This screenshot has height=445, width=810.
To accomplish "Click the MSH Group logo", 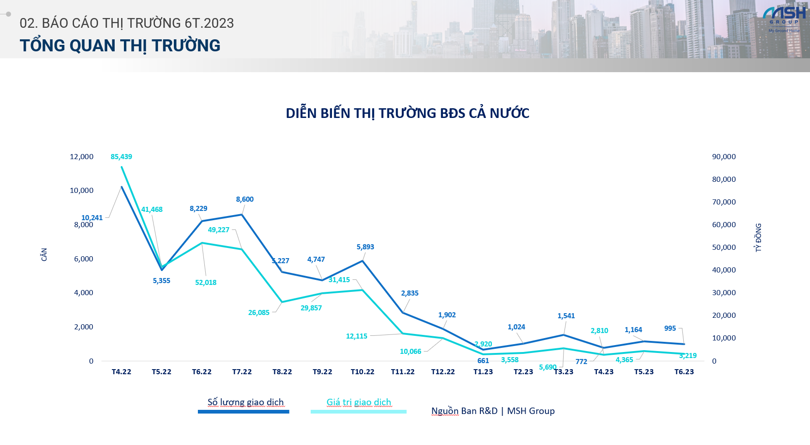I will tap(784, 19).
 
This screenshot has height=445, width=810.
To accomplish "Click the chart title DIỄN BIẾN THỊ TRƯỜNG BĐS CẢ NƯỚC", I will tap(407, 113).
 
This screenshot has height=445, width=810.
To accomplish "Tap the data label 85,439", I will tap(121, 157).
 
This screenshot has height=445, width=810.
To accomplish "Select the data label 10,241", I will tap(92, 218).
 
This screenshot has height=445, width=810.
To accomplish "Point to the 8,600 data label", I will tap(245, 199).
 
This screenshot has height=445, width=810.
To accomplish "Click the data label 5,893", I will tap(365, 247).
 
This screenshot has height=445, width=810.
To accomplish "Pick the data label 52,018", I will tap(206, 283).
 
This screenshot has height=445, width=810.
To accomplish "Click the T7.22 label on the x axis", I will tap(242, 372).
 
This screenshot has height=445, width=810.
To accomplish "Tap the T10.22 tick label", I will tap(362, 372).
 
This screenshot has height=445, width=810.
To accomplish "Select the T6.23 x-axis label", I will tap(684, 372).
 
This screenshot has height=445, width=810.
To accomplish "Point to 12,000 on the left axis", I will tap(81, 157).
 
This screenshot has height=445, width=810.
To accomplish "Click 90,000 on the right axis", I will tap(724, 157).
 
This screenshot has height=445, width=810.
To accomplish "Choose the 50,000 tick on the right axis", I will tap(724, 247).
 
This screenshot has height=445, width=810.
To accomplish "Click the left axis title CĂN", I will tap(44, 254).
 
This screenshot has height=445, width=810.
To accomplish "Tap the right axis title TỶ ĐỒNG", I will tap(758, 238).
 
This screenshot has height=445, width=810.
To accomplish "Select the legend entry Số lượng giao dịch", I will tap(245, 402).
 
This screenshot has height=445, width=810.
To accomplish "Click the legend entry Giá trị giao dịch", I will tap(359, 402).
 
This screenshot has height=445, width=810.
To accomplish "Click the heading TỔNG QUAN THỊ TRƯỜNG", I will tap(120, 46).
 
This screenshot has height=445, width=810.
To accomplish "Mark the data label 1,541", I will tap(566, 316).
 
